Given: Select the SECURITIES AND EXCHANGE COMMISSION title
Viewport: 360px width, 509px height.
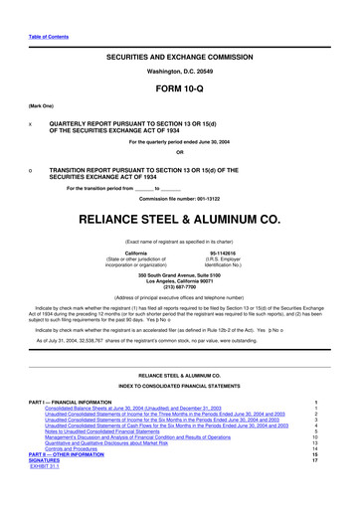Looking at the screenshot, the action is click(180, 62).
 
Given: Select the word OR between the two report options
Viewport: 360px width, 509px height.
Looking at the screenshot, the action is click(180, 180).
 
